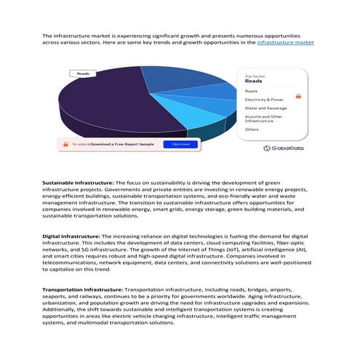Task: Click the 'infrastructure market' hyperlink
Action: click(286, 43)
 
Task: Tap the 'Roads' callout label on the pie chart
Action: click(84, 74)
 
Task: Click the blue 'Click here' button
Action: click(180, 144)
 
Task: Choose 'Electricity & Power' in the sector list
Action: click(265, 99)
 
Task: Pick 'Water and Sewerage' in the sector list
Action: click(266, 108)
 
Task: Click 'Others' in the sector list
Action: click(252, 129)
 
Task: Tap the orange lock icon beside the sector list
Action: click(298, 95)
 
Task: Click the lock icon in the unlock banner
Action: click(64, 144)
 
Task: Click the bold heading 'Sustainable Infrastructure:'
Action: click(78, 181)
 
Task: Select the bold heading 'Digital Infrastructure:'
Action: click(71, 236)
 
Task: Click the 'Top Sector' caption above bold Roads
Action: click(255, 76)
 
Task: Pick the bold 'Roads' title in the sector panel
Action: click(254, 81)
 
